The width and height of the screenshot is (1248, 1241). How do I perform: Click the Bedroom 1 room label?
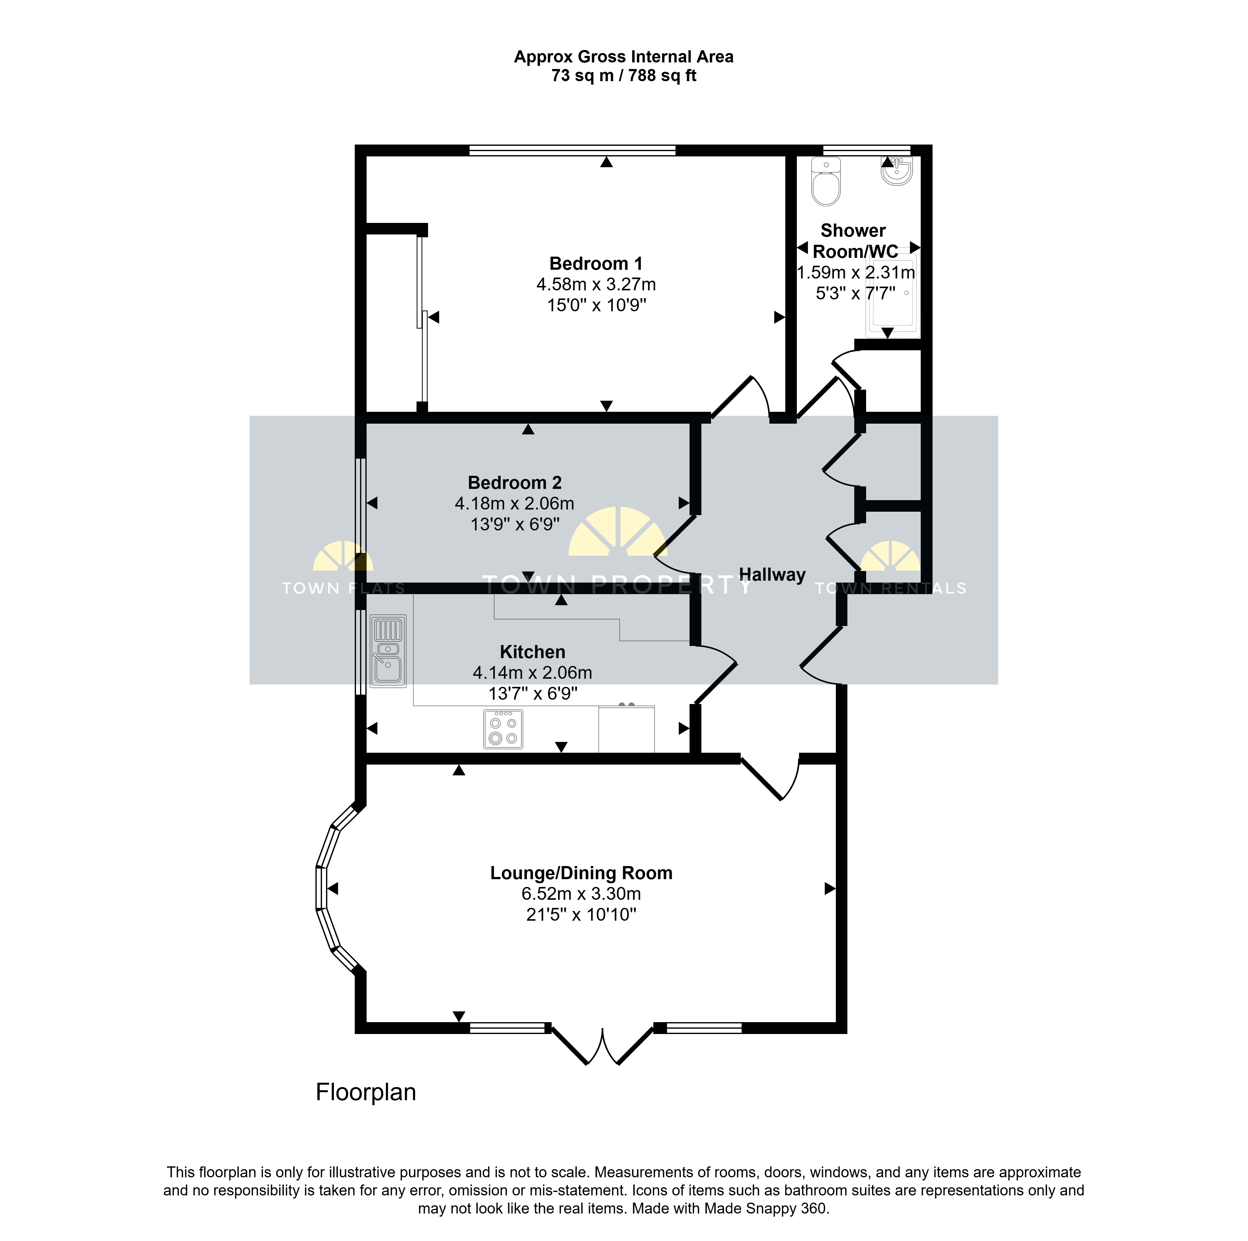[596, 264]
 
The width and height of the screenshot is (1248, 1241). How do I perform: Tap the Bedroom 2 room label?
[515, 483]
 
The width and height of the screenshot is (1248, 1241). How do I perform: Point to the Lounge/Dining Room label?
[581, 873]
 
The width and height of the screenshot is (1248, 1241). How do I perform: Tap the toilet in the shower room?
[826, 181]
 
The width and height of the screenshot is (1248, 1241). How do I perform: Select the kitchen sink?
[388, 651]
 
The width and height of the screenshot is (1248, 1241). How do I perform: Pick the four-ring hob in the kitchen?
[503, 729]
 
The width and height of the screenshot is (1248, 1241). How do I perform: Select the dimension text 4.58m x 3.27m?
[596, 284]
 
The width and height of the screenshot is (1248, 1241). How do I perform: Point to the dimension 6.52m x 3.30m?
[581, 894]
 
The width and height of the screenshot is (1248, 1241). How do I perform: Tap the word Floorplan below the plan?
[366, 1092]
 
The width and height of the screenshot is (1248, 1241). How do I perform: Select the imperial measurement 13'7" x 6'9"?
[533, 693]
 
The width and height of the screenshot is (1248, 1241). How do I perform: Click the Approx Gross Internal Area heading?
[624, 57]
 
